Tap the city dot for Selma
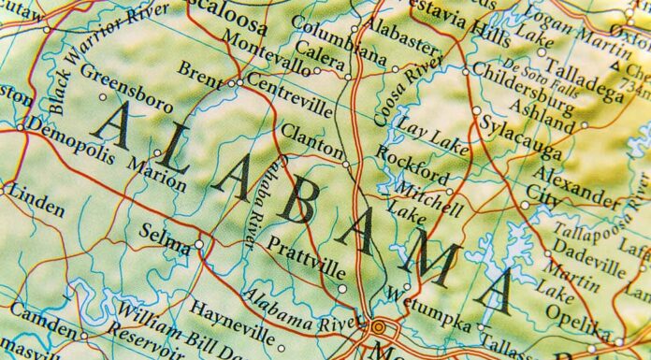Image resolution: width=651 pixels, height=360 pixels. click(x=198, y=245)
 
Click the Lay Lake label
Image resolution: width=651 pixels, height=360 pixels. click(x=431, y=124)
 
